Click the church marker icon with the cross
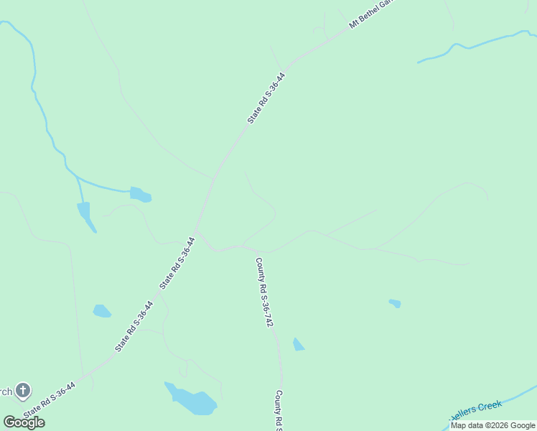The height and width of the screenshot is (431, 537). [23, 391]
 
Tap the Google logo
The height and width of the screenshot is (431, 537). [24, 422]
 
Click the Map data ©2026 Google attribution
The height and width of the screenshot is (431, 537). [493, 425]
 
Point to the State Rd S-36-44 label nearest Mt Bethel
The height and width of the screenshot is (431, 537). [266, 98]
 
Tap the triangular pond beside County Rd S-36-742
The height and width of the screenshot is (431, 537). [298, 345]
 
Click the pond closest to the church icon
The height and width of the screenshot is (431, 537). [101, 311]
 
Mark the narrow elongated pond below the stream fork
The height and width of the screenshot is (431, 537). [85, 215]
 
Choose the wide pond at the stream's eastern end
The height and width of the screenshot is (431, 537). [141, 194]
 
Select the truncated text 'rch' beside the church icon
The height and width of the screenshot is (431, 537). [6, 391]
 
